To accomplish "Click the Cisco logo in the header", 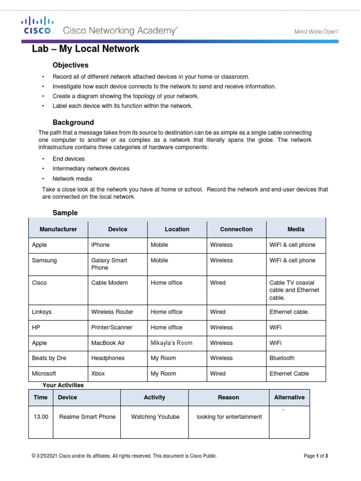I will [x=38, y=26].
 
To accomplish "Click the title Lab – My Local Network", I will [x=86, y=49].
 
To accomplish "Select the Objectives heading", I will [x=70, y=65].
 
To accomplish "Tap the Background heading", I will [x=73, y=122].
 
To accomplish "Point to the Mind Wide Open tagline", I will [x=316, y=31].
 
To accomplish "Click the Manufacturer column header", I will [x=58, y=229].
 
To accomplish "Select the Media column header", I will [x=296, y=229].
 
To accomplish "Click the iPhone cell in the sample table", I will [x=100, y=245].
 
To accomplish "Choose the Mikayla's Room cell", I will [x=171, y=343].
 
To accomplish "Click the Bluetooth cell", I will [x=282, y=358].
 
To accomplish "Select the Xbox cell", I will [x=98, y=373].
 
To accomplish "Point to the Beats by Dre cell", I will [x=49, y=358].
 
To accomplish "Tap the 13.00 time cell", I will [x=41, y=417].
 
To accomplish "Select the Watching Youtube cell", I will [x=155, y=417].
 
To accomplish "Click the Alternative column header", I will [x=289, y=397].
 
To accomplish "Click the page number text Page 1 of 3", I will [x=316, y=456].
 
